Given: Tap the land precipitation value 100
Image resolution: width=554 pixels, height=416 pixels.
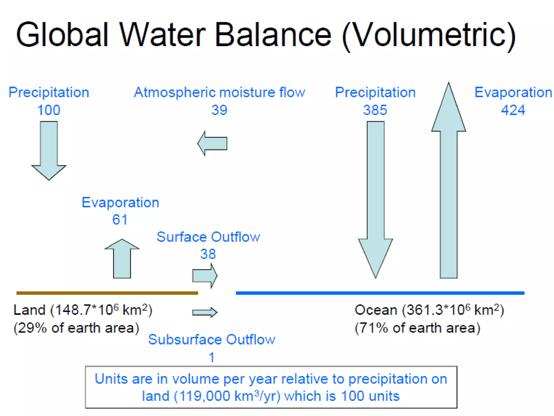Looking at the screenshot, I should (49, 110).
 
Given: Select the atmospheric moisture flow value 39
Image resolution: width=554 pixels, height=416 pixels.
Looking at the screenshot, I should (219, 110).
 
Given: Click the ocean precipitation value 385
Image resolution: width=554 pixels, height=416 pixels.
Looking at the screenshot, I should (375, 110).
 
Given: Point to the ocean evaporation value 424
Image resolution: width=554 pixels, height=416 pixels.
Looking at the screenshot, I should (513, 110).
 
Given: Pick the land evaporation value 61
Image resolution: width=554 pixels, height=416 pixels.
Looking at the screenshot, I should (120, 220).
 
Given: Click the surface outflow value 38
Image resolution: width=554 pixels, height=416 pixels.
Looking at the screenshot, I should (208, 254).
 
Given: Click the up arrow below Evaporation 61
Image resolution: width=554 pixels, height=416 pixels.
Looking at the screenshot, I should (122, 260).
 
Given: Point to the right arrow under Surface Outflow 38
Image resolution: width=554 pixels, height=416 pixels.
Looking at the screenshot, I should (205, 276).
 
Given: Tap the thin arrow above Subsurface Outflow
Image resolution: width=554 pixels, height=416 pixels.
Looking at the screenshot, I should (205, 313).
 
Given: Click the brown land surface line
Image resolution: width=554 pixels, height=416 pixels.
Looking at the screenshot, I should (107, 293).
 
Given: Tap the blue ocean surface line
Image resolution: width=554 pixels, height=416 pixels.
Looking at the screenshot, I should (380, 293).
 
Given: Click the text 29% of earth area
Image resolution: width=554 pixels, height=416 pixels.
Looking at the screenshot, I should (76, 328).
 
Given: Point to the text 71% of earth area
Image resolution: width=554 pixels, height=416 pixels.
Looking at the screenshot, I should (417, 328).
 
